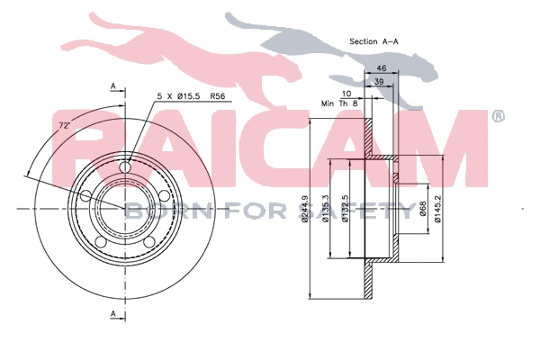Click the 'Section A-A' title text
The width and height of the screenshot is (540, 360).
pyautogui.click(x=374, y=41)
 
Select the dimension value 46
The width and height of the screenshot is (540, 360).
pyautogui.click(x=381, y=68)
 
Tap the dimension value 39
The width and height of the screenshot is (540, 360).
pyautogui.click(x=381, y=82)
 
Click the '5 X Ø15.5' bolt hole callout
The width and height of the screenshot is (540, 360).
pyautogui.click(x=179, y=94)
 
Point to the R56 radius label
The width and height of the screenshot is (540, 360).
pyautogui.click(x=217, y=94)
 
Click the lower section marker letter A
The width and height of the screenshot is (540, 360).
pyautogui.click(x=113, y=313)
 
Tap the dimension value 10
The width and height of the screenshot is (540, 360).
pyautogui.click(x=346, y=93)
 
